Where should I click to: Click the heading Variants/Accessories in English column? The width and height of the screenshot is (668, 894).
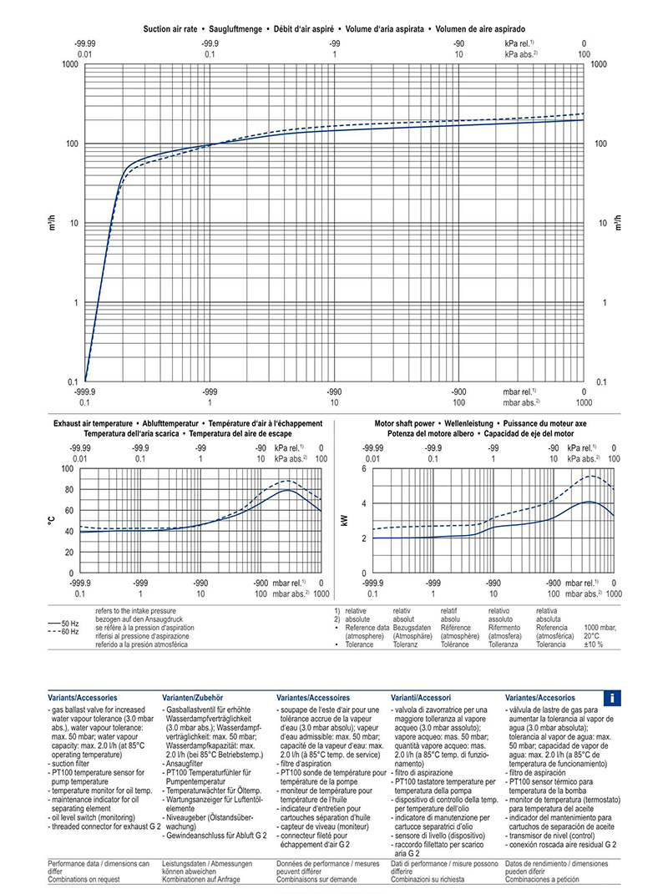[x=83, y=697]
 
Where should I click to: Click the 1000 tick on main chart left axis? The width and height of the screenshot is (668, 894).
[x=68, y=64]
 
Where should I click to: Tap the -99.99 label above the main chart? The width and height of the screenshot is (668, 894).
[x=85, y=43]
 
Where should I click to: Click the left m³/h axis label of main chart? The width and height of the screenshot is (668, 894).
[x=51, y=223]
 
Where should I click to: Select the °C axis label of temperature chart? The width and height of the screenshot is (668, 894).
[x=51, y=521]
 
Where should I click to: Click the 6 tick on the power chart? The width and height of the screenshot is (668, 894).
[x=364, y=469]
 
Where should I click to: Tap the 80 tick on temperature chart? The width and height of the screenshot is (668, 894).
[x=69, y=489]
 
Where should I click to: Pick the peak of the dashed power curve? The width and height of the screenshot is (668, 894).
[x=592, y=476]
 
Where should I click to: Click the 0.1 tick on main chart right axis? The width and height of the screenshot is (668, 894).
[x=600, y=381]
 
